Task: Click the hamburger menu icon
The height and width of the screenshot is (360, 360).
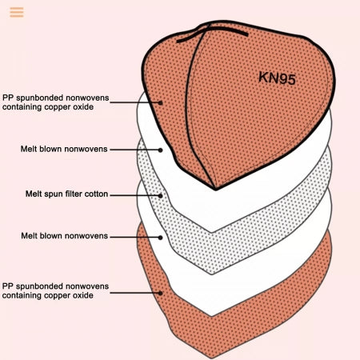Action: pyautogui.click(x=17, y=12)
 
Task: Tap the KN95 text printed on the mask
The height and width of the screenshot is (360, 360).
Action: pyautogui.click(x=277, y=78)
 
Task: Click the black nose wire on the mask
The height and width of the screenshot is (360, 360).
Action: pyautogui.click(x=212, y=34)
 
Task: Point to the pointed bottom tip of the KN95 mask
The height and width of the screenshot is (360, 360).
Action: pyautogui.click(x=215, y=190)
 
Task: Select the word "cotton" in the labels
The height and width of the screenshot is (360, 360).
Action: pyautogui.click(x=96, y=194)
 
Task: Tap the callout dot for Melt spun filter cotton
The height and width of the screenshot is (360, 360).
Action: pyautogui.click(x=160, y=196)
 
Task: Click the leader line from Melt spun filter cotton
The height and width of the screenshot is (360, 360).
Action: pyautogui.click(x=135, y=195)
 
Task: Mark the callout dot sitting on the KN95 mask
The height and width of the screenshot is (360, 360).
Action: pyautogui.click(x=160, y=102)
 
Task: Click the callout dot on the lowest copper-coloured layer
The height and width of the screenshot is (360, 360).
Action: pyautogui.click(x=160, y=293)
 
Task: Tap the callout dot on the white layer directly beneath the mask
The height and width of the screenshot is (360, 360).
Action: pyautogui.click(x=160, y=150)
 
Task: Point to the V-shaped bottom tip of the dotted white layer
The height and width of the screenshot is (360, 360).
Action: pyautogui.click(x=212, y=274)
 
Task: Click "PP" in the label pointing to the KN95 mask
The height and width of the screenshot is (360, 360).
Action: pyautogui.click(x=8, y=98)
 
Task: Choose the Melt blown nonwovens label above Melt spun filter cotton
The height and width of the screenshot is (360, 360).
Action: pyautogui.click(x=64, y=149)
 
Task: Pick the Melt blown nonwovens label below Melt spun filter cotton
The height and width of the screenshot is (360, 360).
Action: pyautogui.click(x=64, y=236)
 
